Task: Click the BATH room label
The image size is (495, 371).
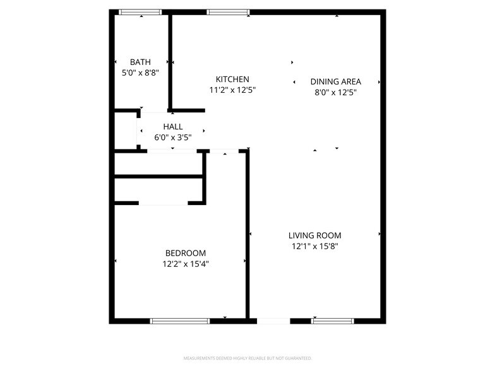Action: coord(140,62)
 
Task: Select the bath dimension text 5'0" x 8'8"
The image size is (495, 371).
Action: coord(140,73)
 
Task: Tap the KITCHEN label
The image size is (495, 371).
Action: coord(232,79)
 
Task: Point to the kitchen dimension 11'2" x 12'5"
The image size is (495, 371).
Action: coord(232,90)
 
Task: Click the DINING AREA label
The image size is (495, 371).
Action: coord(336,81)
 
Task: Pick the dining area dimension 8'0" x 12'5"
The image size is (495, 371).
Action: coord(336,92)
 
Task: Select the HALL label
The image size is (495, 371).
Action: coord(173,127)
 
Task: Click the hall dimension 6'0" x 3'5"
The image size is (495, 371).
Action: coord(173,138)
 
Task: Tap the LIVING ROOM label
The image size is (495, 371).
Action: coord(315,236)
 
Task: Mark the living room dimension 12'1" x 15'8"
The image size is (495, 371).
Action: coord(315,247)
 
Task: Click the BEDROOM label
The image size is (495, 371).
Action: coord(185,254)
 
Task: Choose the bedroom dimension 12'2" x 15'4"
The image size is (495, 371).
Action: coord(185,264)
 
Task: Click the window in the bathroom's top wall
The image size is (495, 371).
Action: coord(140,12)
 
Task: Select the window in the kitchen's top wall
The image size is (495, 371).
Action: coord(228,12)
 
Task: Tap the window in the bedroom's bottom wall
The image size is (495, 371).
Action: coord(180,321)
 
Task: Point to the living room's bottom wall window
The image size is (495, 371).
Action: coord(333,321)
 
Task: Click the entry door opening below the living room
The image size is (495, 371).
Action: coord(273,321)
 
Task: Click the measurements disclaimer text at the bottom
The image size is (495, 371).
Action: coord(247,358)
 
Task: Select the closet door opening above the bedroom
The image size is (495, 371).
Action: coord(163,203)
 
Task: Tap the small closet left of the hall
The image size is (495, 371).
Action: coord(125,131)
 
